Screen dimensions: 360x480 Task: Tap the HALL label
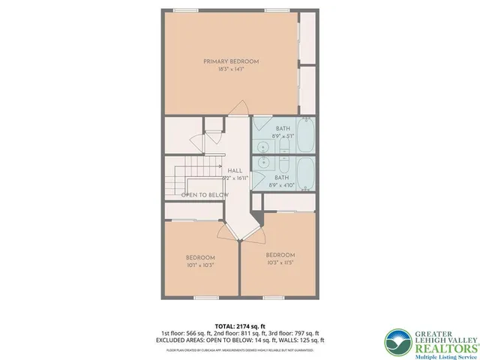[235, 171]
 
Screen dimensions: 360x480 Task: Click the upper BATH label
[282, 128]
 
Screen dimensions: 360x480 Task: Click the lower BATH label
[282, 177]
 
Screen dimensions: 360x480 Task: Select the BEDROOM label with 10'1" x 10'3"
[200, 256]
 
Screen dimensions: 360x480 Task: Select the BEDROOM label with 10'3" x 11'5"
[280, 254]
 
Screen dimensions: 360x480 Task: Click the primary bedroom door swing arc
[238, 107]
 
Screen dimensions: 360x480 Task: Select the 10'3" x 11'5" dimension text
[280, 262]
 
